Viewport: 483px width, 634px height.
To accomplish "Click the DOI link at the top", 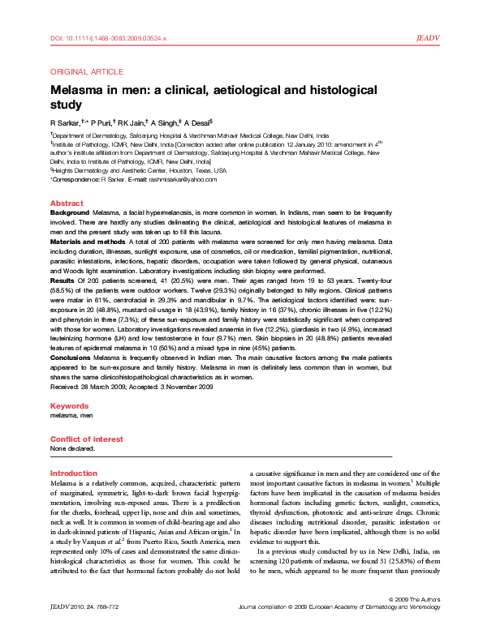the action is (109, 38).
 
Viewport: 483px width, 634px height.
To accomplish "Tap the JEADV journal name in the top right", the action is (427, 38).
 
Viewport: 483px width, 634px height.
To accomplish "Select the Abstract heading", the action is (67, 203).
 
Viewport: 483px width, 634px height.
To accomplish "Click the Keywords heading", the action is (69, 405).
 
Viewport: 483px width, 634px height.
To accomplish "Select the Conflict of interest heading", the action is (87, 439).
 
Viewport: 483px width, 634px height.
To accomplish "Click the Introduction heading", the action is (73, 473).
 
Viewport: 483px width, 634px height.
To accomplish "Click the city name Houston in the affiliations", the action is (168, 171).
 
